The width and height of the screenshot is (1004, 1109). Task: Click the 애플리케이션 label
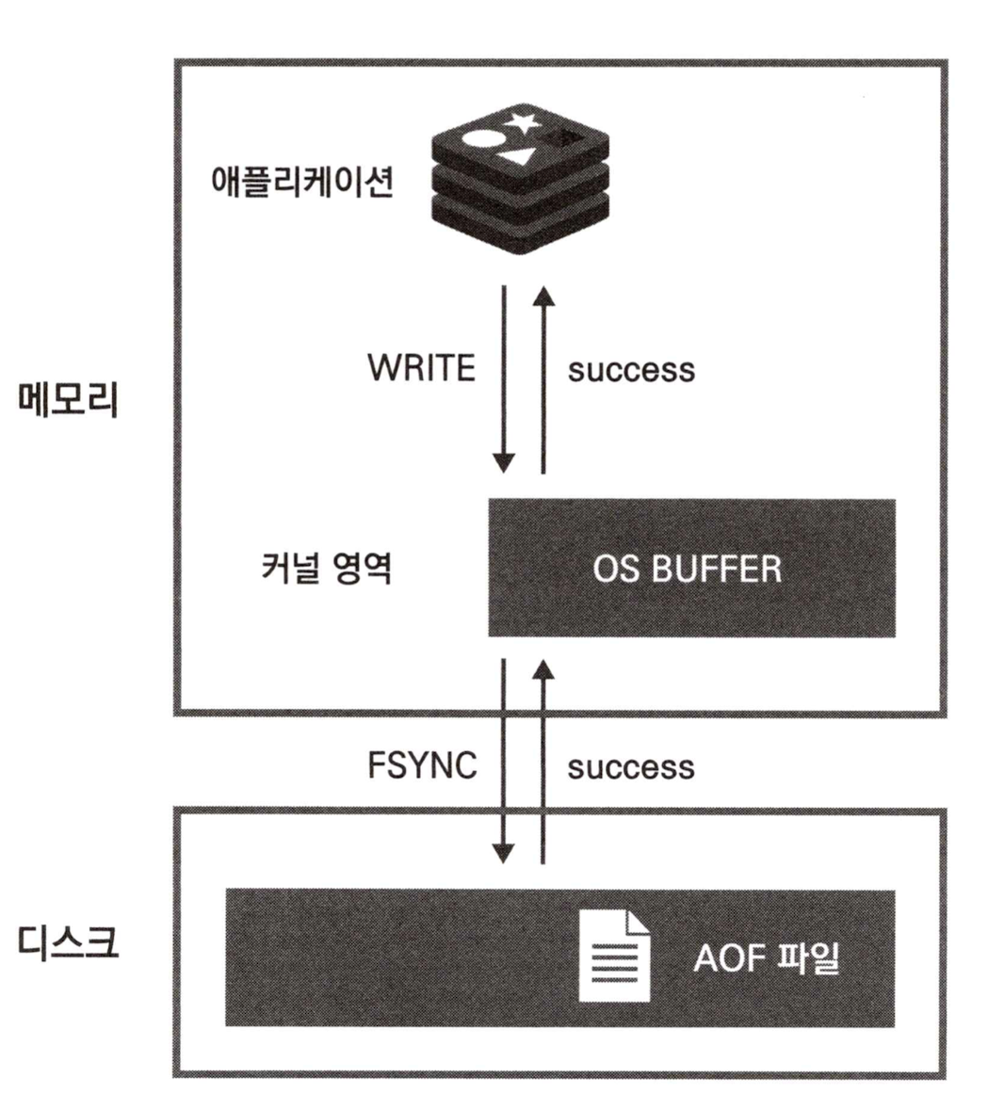click(301, 181)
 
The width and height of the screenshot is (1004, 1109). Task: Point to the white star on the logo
click(522, 121)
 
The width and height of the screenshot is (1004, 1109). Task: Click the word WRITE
click(421, 368)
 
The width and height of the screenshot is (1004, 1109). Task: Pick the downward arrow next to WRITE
click(504, 377)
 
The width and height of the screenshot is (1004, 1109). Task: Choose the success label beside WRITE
click(631, 370)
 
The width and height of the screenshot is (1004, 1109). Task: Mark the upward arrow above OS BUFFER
click(543, 377)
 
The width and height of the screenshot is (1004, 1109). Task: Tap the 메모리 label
click(69, 400)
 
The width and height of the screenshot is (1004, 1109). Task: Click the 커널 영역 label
click(326, 569)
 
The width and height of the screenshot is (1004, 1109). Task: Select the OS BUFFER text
click(687, 569)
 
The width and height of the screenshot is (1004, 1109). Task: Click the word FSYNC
click(422, 765)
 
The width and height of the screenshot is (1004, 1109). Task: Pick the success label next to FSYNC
click(631, 767)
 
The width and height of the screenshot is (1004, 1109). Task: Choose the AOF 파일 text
click(766, 957)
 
